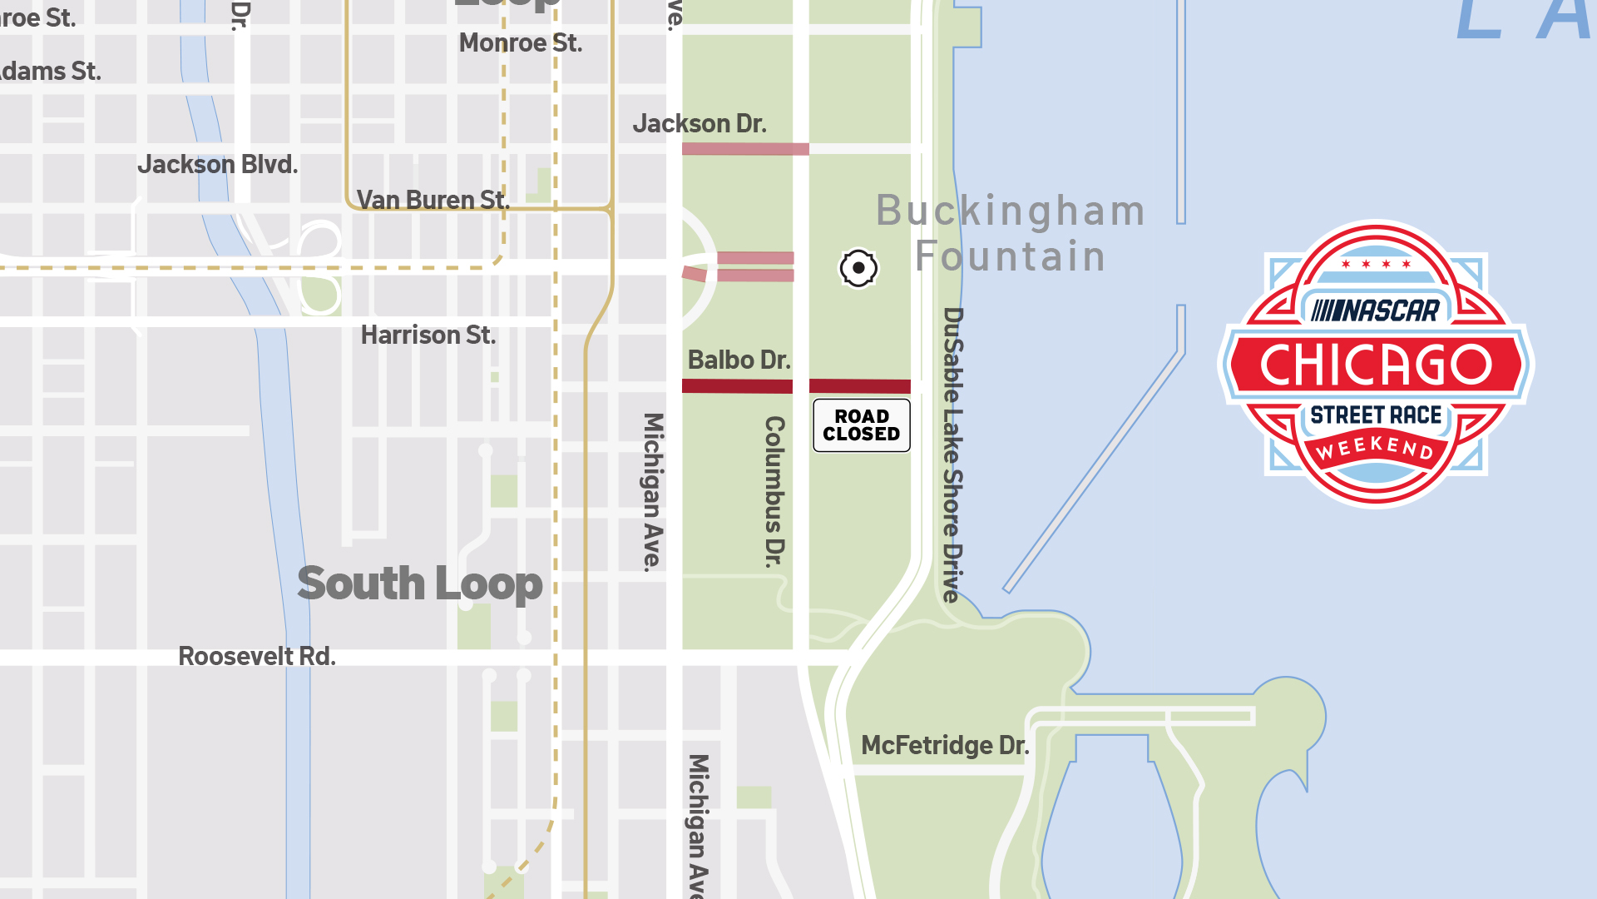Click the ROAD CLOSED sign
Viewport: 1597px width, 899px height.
coord(861,425)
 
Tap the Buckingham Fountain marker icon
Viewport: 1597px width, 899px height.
coord(858,268)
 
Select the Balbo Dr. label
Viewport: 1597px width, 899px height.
coord(739,360)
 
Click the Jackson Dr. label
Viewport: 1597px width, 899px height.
coord(699,124)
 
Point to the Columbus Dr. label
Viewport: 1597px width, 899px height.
coord(774,491)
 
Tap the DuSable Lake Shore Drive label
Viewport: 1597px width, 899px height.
coord(953,454)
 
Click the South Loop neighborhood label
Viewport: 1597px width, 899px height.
coord(419,584)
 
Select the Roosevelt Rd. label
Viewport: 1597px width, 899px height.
coord(257,657)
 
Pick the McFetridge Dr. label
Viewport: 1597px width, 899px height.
coord(945,746)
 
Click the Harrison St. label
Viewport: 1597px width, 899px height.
coord(428,335)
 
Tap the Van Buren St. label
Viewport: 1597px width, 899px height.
coord(433,200)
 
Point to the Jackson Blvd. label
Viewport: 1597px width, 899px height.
coord(217,165)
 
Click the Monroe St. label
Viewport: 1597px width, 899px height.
coord(520,43)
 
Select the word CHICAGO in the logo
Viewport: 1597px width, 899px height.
coord(1376,365)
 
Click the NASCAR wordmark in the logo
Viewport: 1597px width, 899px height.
coord(1376,311)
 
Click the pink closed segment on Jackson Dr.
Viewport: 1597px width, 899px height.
coord(744,149)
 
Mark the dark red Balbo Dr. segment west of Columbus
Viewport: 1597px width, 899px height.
coord(736,386)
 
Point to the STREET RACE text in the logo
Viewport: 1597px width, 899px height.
coord(1376,415)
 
